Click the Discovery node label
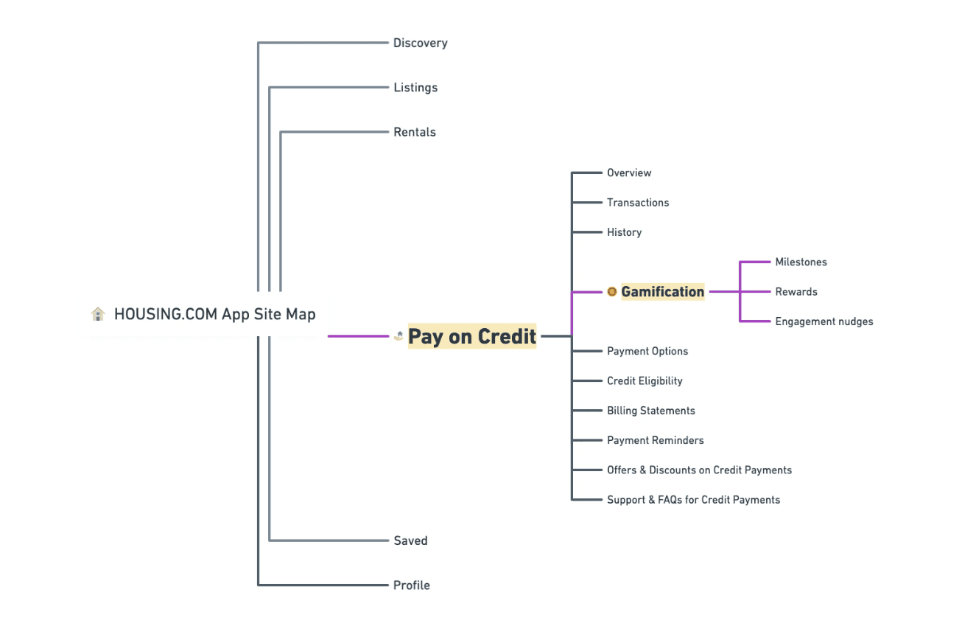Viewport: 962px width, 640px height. click(420, 44)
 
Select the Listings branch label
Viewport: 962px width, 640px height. click(415, 88)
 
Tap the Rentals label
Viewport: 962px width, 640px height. click(415, 133)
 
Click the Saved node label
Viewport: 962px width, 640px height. click(410, 541)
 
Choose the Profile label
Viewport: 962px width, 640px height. click(412, 585)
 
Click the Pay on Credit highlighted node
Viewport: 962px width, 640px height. click(472, 337)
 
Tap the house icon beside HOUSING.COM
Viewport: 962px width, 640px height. click(98, 315)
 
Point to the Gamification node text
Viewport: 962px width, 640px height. click(663, 292)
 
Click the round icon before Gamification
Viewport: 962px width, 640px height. click(612, 292)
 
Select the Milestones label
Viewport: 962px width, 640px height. click(801, 262)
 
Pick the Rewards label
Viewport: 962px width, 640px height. click(796, 292)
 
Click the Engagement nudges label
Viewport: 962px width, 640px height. click(824, 321)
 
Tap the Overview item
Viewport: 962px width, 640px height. click(629, 173)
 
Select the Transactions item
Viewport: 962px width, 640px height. click(638, 203)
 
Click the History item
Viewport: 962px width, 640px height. click(624, 232)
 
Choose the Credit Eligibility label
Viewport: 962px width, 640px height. click(645, 381)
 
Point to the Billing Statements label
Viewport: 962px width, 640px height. click(651, 411)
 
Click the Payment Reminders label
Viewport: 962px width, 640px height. click(656, 440)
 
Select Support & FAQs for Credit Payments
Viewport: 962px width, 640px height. click(693, 500)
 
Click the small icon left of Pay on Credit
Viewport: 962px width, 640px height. click(399, 337)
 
